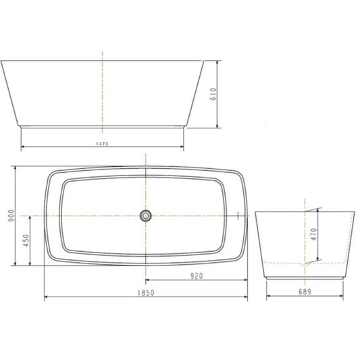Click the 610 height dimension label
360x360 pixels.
(x=213, y=94)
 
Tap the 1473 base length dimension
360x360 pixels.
(x=102, y=144)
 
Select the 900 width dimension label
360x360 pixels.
(x=11, y=215)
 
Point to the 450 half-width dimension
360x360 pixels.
(x=26, y=240)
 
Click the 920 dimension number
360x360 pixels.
(x=197, y=276)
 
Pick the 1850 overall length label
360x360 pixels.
(x=146, y=293)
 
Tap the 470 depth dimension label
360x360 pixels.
(x=314, y=234)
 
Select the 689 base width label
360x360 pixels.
(x=305, y=292)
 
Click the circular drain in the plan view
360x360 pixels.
(x=146, y=215)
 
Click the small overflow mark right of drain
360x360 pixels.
(x=238, y=215)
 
